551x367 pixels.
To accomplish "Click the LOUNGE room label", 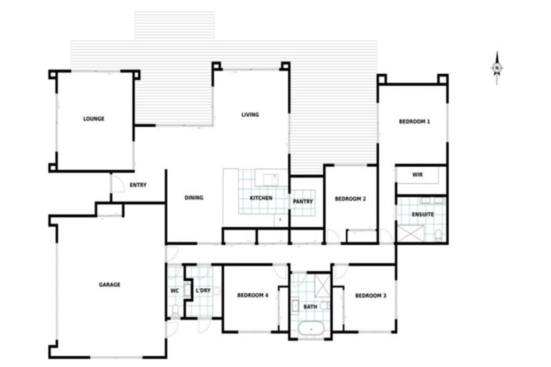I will click(x=93, y=119).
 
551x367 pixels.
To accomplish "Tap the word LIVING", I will click(x=250, y=115).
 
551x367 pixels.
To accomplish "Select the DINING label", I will click(x=194, y=199).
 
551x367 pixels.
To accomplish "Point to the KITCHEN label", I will click(x=260, y=199).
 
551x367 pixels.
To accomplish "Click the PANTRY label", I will click(x=303, y=202).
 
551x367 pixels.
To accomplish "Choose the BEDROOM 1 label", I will click(x=414, y=122).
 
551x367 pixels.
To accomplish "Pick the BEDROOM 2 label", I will click(x=351, y=199).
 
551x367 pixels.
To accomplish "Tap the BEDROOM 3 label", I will click(x=371, y=295).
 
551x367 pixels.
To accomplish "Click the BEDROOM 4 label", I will click(x=253, y=295).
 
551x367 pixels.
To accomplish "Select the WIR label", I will click(x=418, y=175).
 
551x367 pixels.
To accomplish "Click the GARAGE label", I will click(x=110, y=285).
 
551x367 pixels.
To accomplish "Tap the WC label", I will click(x=174, y=291).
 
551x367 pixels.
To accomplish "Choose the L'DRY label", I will click(x=203, y=291).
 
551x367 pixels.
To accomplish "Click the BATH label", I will click(x=310, y=306).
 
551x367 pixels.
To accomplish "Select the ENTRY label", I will click(x=138, y=185).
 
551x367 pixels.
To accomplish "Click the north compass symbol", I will click(x=496, y=68).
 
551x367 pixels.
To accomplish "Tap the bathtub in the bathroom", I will click(x=311, y=330).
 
